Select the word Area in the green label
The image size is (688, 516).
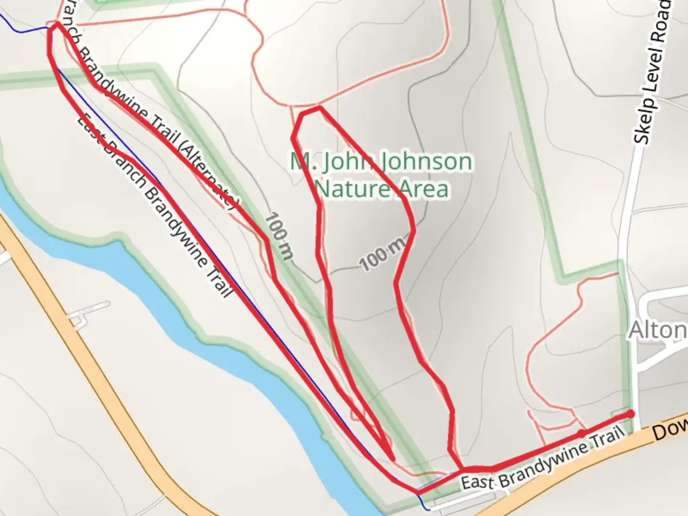(425, 189)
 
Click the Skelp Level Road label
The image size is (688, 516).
(653, 72)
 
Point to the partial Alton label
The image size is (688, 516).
(657, 330)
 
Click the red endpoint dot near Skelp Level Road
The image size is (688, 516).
(631, 414)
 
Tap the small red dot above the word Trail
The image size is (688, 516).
(581, 433)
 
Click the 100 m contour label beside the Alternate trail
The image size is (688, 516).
(278, 236)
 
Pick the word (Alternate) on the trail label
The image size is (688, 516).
(208, 174)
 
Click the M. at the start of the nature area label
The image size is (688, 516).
(301, 161)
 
